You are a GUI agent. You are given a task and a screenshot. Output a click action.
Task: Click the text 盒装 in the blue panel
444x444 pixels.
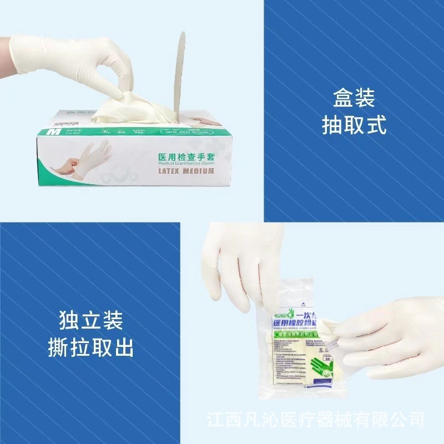[x=354, y=99]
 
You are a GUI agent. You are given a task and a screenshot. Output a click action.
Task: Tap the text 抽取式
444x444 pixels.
[x=354, y=125]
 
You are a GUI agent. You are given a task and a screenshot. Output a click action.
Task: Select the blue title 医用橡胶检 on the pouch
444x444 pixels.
[x=296, y=320]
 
